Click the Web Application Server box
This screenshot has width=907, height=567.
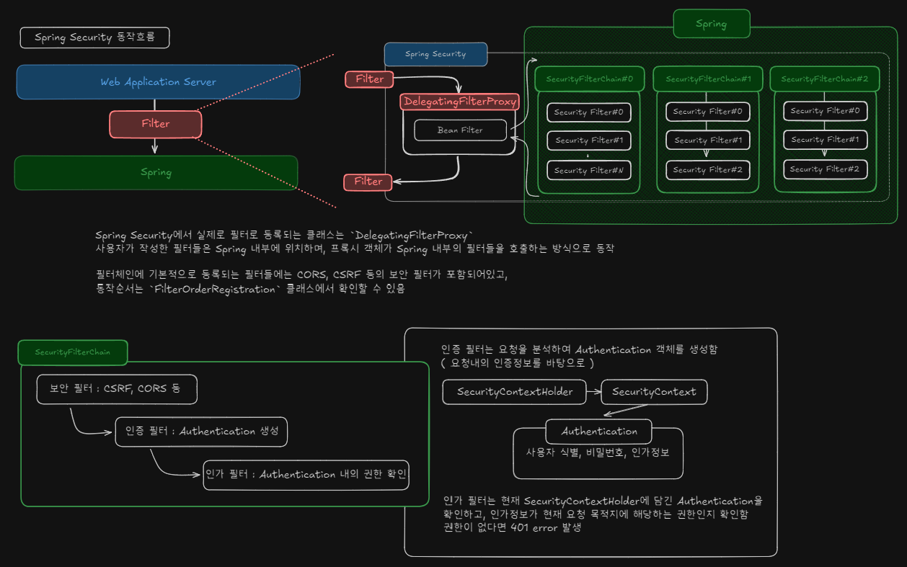(158, 82)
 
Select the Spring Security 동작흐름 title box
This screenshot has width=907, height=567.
(94, 37)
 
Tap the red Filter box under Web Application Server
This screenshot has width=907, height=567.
(155, 124)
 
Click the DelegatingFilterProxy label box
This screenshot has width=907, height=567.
(459, 102)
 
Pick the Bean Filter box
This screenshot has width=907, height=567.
(461, 130)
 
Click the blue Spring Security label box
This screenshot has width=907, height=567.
(435, 54)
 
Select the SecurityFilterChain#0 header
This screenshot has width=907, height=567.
(589, 79)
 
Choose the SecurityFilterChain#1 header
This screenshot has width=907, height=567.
(708, 79)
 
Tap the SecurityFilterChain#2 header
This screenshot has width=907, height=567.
(824, 79)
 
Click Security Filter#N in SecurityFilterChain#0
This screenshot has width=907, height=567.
(589, 171)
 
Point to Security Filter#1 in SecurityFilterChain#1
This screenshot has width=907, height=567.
(707, 140)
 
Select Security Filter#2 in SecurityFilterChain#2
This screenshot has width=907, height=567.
(825, 169)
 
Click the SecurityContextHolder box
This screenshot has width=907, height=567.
(515, 392)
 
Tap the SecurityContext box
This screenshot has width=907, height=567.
(654, 392)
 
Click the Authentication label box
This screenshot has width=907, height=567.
(599, 432)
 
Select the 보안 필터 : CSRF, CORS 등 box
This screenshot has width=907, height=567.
(117, 389)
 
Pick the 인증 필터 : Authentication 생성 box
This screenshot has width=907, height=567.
(201, 432)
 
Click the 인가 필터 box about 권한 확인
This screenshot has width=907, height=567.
(306, 475)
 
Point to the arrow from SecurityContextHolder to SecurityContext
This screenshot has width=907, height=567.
(594, 392)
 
